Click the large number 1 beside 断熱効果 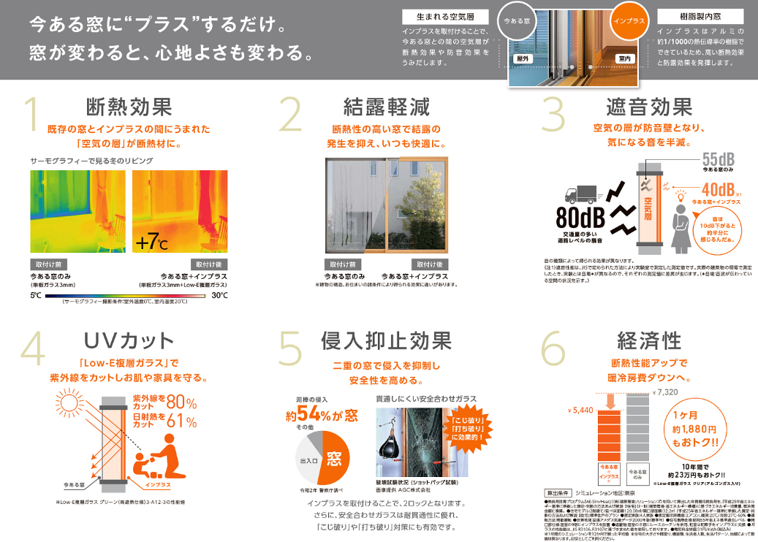pos(31,115)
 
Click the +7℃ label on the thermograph pos(151,242)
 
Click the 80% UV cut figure pos(181,402)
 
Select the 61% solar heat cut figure pos(181,421)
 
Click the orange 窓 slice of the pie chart pos(335,458)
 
